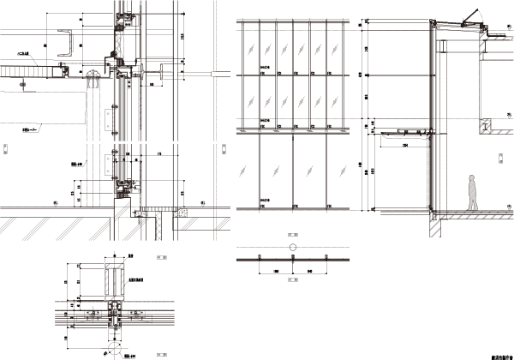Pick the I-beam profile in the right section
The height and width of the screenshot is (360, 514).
485,127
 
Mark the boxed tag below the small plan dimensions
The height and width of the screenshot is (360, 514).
292,279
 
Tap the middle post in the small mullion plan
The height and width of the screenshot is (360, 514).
292,256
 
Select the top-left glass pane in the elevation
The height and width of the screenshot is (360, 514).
248,47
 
